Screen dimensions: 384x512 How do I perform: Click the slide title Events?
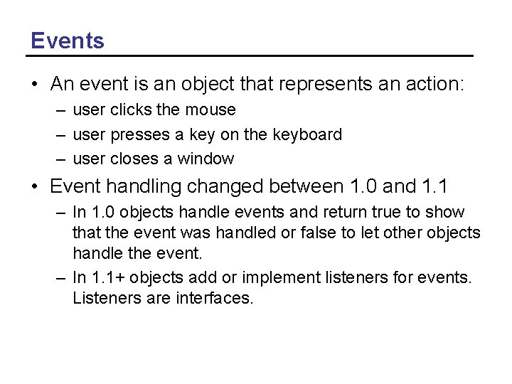coord(68,41)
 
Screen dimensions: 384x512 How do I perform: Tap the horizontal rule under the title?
coord(252,55)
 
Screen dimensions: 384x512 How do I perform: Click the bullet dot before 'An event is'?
coord(35,85)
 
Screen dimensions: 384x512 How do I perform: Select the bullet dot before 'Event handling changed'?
coord(35,187)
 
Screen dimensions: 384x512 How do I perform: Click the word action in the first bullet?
coord(433,85)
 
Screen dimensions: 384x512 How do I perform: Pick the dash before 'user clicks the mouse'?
coord(63,110)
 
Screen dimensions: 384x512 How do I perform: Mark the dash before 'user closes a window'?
coord(63,159)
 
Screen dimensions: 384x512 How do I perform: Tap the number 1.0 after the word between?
coord(364,187)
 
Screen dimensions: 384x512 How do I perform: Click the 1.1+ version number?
coord(110,277)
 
